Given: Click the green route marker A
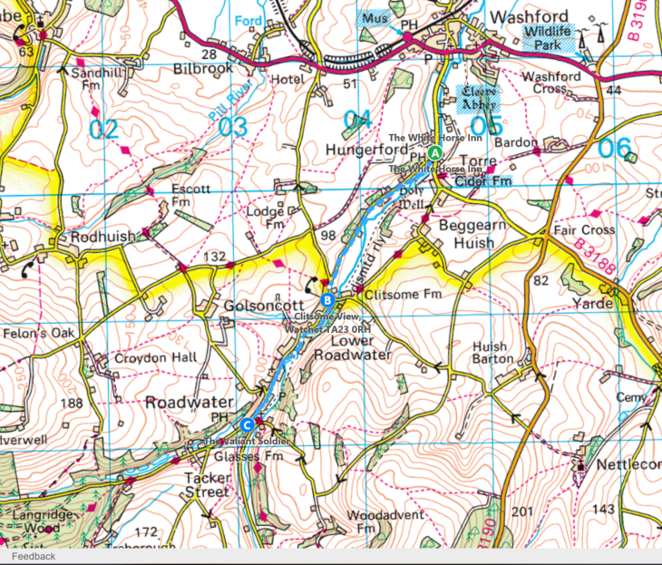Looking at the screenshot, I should pyautogui.click(x=435, y=152).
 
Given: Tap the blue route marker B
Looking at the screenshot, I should pyautogui.click(x=327, y=300).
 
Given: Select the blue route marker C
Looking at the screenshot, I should pyautogui.click(x=248, y=424).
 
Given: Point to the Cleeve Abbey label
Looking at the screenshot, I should pyautogui.click(x=475, y=96).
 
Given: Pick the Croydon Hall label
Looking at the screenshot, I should pyautogui.click(x=155, y=357).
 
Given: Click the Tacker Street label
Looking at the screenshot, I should pyautogui.click(x=207, y=484).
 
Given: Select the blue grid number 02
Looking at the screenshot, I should pyautogui.click(x=103, y=128).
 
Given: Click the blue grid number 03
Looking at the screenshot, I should pyautogui.click(x=232, y=127).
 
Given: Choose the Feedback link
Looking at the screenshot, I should pyautogui.click(x=33, y=556).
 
